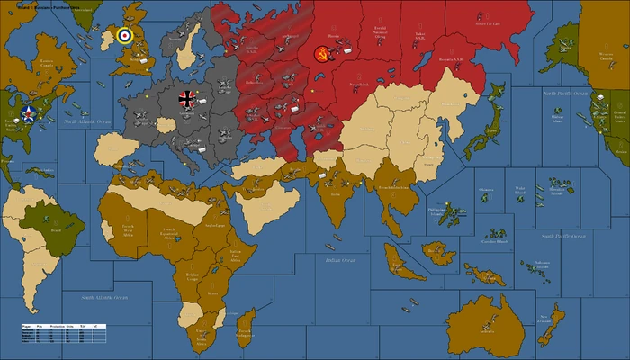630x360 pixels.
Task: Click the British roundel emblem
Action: (124, 35)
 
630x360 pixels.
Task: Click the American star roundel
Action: (28, 113)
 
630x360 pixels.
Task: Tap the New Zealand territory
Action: (551, 318)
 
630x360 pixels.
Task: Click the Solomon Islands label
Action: (540, 262)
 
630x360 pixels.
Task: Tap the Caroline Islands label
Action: (494, 241)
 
